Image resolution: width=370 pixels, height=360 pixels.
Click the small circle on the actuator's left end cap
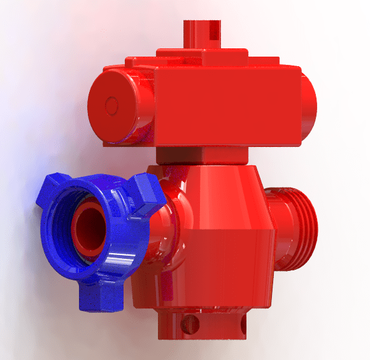coord(112,104)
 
